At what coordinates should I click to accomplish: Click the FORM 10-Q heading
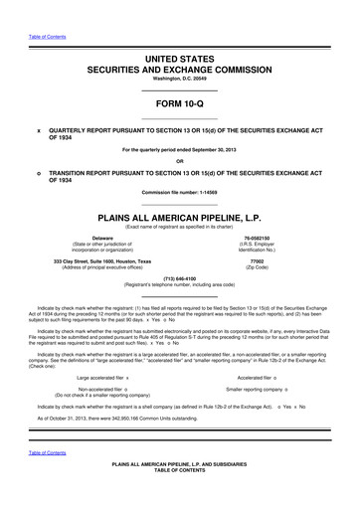click(x=180, y=103)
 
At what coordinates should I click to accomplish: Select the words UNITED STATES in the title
click(x=180, y=62)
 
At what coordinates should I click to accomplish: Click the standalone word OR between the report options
click(x=180, y=160)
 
